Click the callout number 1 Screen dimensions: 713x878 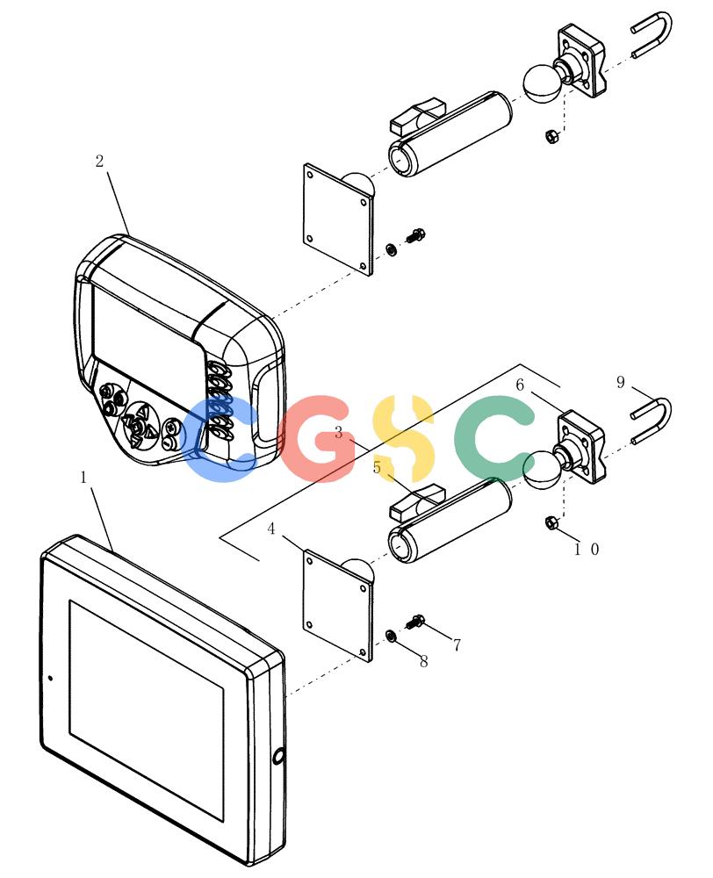click(x=84, y=478)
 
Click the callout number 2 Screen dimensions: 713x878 click(x=100, y=162)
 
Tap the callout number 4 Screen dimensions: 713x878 click(x=271, y=529)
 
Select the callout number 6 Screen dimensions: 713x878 click(x=520, y=385)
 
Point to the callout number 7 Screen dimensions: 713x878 click(x=457, y=645)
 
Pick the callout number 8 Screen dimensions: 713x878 click(x=424, y=661)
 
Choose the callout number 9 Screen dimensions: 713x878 click(x=621, y=382)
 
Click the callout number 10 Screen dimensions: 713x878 click(x=587, y=550)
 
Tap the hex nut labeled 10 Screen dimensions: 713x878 click(x=551, y=523)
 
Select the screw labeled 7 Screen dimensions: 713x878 click(x=415, y=622)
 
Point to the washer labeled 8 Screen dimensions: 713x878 click(x=391, y=636)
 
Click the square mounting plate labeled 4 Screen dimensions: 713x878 click(x=338, y=605)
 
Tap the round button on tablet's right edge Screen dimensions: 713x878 click(x=278, y=758)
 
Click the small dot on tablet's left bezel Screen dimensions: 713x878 click(x=50, y=678)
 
